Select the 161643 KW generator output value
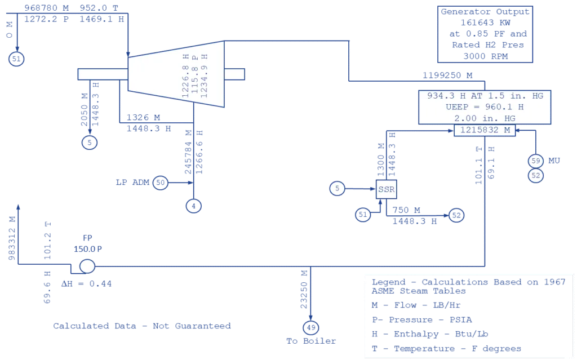(485, 23)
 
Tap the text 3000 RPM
(485, 56)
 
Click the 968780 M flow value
(46, 8)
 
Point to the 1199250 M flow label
(447, 75)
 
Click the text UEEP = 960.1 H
(485, 107)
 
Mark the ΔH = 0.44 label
(86, 284)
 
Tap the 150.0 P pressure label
(87, 249)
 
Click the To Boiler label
(311, 341)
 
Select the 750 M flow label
(406, 210)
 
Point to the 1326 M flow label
(143, 117)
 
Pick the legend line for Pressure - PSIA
(421, 319)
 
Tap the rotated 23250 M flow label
(304, 290)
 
